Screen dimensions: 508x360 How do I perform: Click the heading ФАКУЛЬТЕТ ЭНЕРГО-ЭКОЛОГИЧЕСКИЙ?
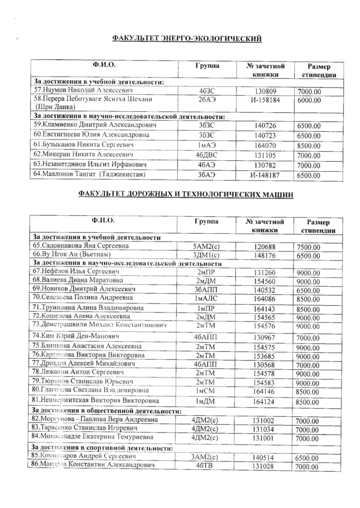click(187, 38)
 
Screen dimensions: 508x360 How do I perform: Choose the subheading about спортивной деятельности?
click(102, 448)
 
